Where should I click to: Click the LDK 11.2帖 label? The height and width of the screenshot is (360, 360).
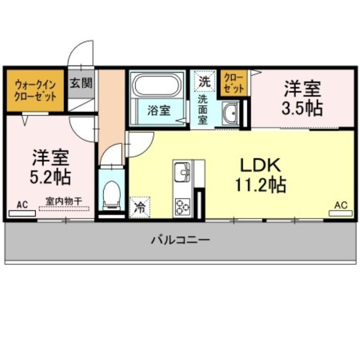tap(260, 175)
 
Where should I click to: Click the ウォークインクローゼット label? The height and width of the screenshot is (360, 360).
tap(35, 91)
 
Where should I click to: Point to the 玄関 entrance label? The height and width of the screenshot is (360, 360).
tap(81, 83)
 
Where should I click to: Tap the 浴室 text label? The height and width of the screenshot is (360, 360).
tap(159, 110)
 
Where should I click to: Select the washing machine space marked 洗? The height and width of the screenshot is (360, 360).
tap(205, 81)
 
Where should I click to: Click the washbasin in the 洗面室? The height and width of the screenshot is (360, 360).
tap(231, 113)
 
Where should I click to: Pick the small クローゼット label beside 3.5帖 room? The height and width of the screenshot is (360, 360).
tap(234, 83)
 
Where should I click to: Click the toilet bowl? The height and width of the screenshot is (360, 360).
tap(111, 195)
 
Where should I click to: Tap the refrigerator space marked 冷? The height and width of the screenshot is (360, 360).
tap(140, 207)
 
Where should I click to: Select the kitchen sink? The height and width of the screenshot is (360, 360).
tap(182, 171)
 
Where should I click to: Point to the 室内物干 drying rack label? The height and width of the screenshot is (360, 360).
tap(64, 202)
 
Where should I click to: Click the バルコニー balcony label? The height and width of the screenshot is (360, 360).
tap(181, 240)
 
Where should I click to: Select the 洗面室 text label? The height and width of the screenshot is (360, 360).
tap(203, 110)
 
